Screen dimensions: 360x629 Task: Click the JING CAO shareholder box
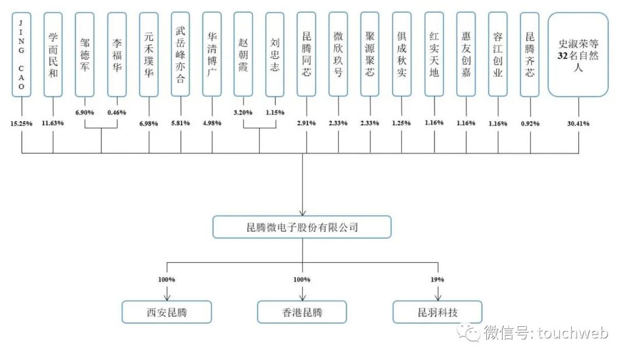(22, 54)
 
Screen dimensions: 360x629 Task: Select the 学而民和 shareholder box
(53, 54)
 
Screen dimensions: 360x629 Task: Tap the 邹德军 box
(85, 54)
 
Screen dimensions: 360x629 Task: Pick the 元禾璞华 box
(149, 54)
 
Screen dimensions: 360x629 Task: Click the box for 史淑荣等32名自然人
(578, 54)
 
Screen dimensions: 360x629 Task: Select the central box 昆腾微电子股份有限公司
(302, 227)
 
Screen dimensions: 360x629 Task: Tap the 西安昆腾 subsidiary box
(166, 312)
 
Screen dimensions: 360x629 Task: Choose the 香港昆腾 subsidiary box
(302, 312)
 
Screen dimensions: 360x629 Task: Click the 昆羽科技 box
(437, 312)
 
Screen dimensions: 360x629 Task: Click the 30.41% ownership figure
(578, 123)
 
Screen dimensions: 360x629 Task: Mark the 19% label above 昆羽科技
(438, 279)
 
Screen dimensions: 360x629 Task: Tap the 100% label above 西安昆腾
(167, 279)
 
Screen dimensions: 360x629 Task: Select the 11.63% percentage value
(53, 123)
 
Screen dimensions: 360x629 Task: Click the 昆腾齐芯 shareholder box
(529, 54)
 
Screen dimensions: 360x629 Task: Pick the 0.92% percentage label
(530, 123)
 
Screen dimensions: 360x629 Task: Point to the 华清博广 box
(212, 54)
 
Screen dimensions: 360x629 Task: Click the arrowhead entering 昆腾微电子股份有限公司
(302, 213)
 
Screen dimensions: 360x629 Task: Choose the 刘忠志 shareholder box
(275, 54)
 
